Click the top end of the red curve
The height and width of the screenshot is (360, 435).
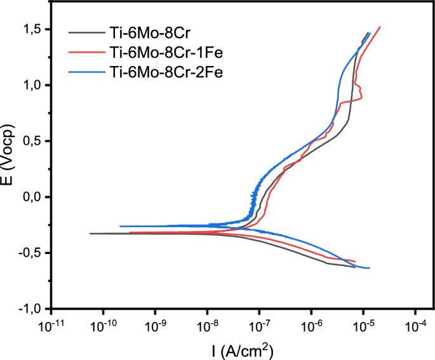(x=380, y=27)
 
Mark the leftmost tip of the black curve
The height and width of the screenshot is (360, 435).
(x=90, y=234)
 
